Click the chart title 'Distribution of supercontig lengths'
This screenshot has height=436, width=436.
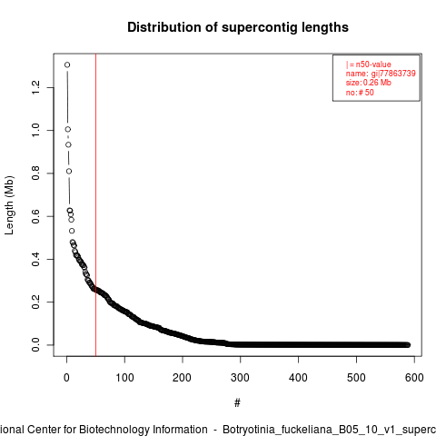pyautogui.click(x=238, y=27)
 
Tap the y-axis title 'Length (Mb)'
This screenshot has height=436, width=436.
pyautogui.click(x=9, y=205)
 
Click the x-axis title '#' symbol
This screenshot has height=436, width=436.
pyautogui.click(x=237, y=403)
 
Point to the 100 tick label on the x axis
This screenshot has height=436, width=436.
pyautogui.click(x=124, y=378)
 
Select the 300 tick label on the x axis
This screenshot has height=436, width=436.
pyautogui.click(x=241, y=378)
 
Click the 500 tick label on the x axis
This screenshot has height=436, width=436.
pyautogui.click(x=356, y=378)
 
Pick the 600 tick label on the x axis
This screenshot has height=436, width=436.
pyautogui.click(x=414, y=378)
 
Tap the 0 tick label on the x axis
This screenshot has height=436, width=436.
pyautogui.click(x=66, y=378)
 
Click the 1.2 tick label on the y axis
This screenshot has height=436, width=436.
pyautogui.click(x=35, y=87)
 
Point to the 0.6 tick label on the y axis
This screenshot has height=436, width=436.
pyautogui.click(x=35, y=216)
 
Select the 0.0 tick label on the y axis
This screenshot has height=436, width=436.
pyautogui.click(x=35, y=345)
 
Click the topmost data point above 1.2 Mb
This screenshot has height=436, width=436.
pyautogui.click(x=67, y=64)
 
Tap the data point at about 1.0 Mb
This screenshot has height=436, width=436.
pyautogui.click(x=68, y=129)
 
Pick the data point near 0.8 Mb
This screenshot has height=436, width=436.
pyautogui.click(x=69, y=172)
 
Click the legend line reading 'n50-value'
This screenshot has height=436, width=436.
pyautogui.click(x=369, y=64)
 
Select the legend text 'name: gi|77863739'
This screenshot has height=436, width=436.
pyautogui.click(x=381, y=74)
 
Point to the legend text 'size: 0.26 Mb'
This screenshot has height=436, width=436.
pyautogui.click(x=369, y=83)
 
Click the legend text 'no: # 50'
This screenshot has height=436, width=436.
pyautogui.click(x=360, y=93)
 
